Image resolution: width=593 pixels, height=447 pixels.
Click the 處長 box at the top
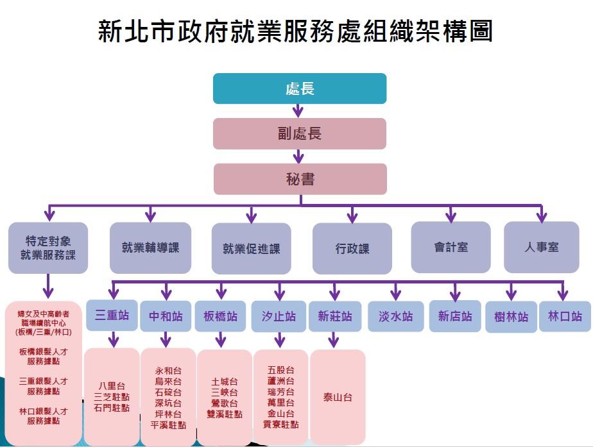(300, 89)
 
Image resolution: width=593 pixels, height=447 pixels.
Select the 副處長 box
(300, 133)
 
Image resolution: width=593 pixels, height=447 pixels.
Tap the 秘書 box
(300, 179)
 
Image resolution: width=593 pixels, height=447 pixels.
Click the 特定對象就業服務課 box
(47, 248)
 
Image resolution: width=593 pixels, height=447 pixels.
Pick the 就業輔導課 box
(150, 248)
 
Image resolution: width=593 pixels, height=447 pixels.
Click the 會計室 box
(451, 247)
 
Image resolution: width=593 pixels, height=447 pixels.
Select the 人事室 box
(542, 247)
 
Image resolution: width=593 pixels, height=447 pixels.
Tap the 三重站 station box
(112, 316)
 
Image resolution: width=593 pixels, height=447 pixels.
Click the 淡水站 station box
(395, 316)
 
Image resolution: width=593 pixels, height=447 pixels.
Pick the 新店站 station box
(455, 316)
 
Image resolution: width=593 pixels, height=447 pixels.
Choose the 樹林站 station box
(511, 317)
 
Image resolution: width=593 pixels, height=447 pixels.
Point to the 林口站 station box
(565, 316)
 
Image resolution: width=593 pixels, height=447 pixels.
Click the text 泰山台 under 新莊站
(338, 397)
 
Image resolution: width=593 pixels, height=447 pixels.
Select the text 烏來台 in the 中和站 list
(168, 381)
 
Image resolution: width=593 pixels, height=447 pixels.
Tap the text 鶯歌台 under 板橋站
(225, 403)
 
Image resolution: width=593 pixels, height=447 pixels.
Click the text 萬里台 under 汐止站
(280, 403)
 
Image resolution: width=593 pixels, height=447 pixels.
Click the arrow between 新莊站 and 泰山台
(333, 340)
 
